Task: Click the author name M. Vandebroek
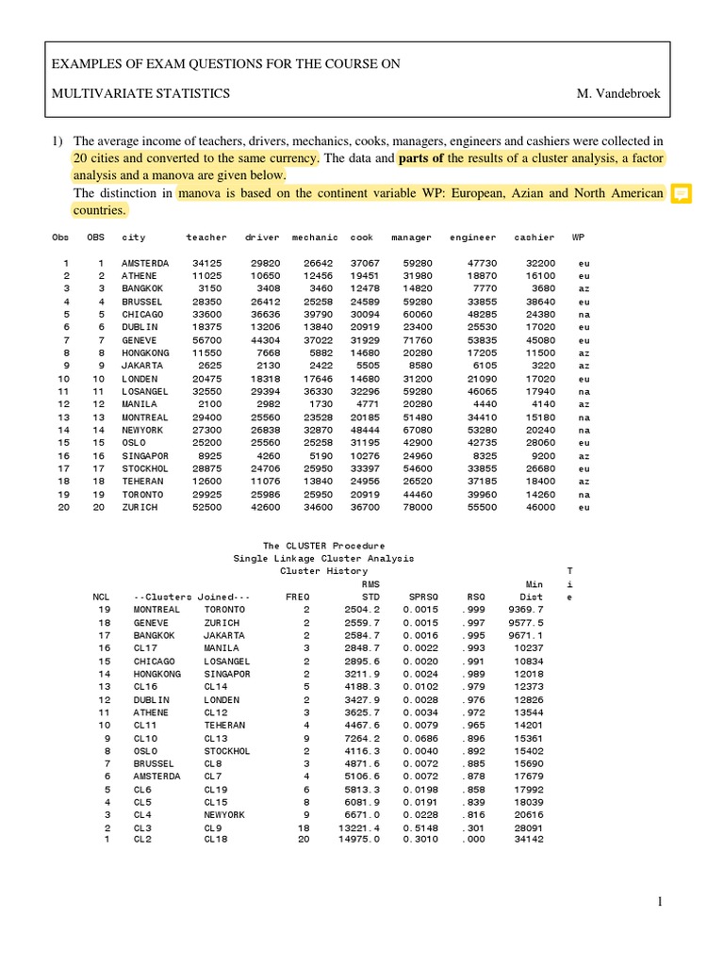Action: tap(621, 93)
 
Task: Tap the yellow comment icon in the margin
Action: tap(681, 194)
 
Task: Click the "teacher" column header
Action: tap(206, 237)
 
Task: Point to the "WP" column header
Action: tap(576, 237)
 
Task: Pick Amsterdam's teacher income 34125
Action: tap(206, 263)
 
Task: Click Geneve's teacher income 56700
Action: tap(206, 340)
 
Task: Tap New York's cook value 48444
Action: tap(366, 430)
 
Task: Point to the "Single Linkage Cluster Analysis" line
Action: tap(323, 558)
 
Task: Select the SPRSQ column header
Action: tap(416, 597)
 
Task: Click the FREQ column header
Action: tap(297, 597)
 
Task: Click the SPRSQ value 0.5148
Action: tap(416, 827)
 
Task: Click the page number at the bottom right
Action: tap(661, 902)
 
